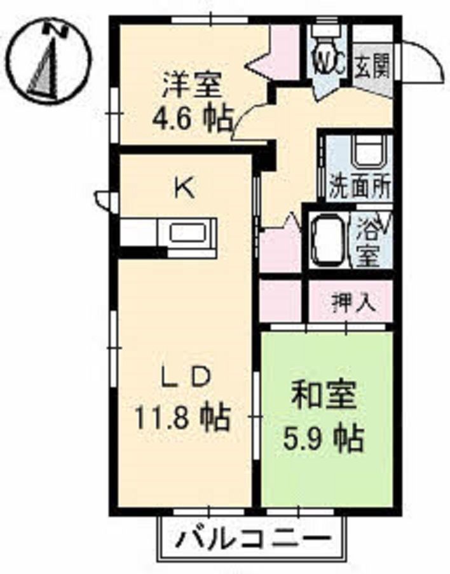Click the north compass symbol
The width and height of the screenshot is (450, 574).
pos(50,62)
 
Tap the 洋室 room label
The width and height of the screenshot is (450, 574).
pos(192,85)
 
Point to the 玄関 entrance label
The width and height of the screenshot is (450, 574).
pos(372,67)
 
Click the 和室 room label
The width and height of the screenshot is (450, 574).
pos(324,395)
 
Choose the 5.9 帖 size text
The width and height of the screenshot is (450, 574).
pos(324,438)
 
